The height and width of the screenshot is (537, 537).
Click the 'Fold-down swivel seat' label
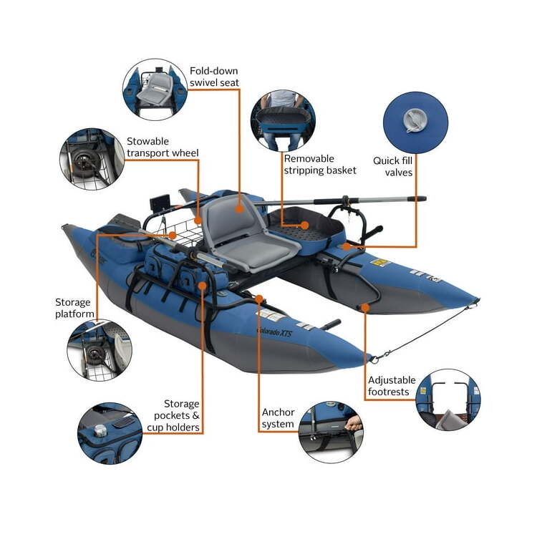[x=214, y=77]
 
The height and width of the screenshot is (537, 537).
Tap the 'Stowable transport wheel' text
[x=163, y=147]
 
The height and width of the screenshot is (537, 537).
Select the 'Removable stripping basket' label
[x=320, y=165]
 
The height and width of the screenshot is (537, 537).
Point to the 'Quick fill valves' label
[x=393, y=166]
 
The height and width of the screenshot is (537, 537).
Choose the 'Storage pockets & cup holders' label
[x=173, y=415]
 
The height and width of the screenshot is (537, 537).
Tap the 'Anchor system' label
[x=278, y=418]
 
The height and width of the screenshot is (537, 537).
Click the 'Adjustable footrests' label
[x=392, y=386]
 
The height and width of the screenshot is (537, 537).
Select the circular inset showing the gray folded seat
[x=155, y=89]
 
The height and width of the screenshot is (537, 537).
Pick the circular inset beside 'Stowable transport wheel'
[x=92, y=159]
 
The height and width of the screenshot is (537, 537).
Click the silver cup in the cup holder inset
[x=100, y=430]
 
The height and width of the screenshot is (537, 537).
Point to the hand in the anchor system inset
[x=354, y=424]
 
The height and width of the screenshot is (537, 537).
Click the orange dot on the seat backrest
[x=239, y=208]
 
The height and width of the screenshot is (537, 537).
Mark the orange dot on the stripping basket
[x=304, y=226]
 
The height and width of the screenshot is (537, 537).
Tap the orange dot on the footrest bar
[x=365, y=308]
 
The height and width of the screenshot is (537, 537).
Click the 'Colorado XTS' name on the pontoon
[x=274, y=332]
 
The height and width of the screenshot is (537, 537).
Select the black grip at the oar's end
[x=417, y=198]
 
